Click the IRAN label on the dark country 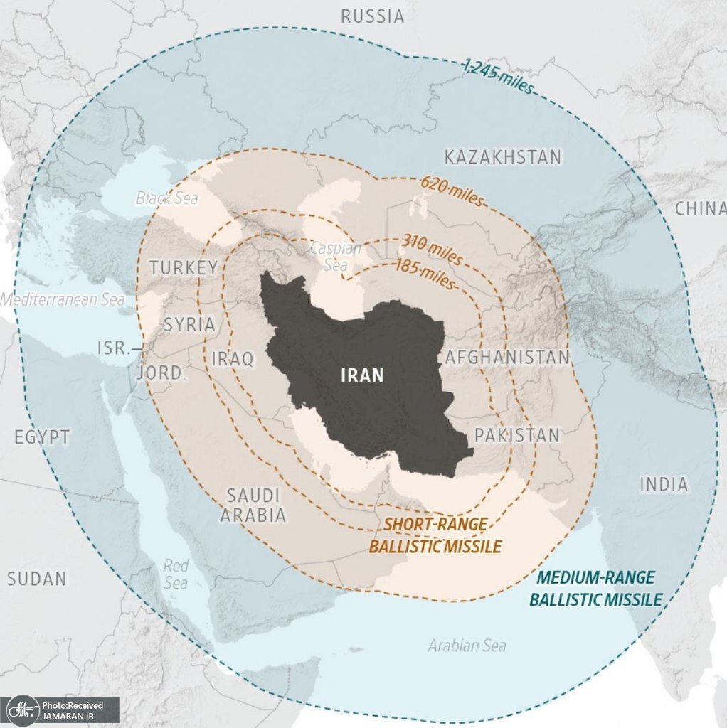point(362,375)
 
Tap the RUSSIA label point(372,16)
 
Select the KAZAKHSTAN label point(502,157)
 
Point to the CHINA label point(700,209)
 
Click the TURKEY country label point(183,268)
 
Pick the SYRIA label point(189,325)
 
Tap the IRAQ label point(233,359)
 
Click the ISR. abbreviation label point(114,348)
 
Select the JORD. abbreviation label point(161,373)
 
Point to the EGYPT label point(43,437)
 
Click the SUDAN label point(36,579)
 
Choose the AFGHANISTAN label point(507,358)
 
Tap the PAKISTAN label point(517,435)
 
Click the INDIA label point(664,485)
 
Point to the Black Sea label point(167,198)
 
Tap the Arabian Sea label point(467,646)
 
